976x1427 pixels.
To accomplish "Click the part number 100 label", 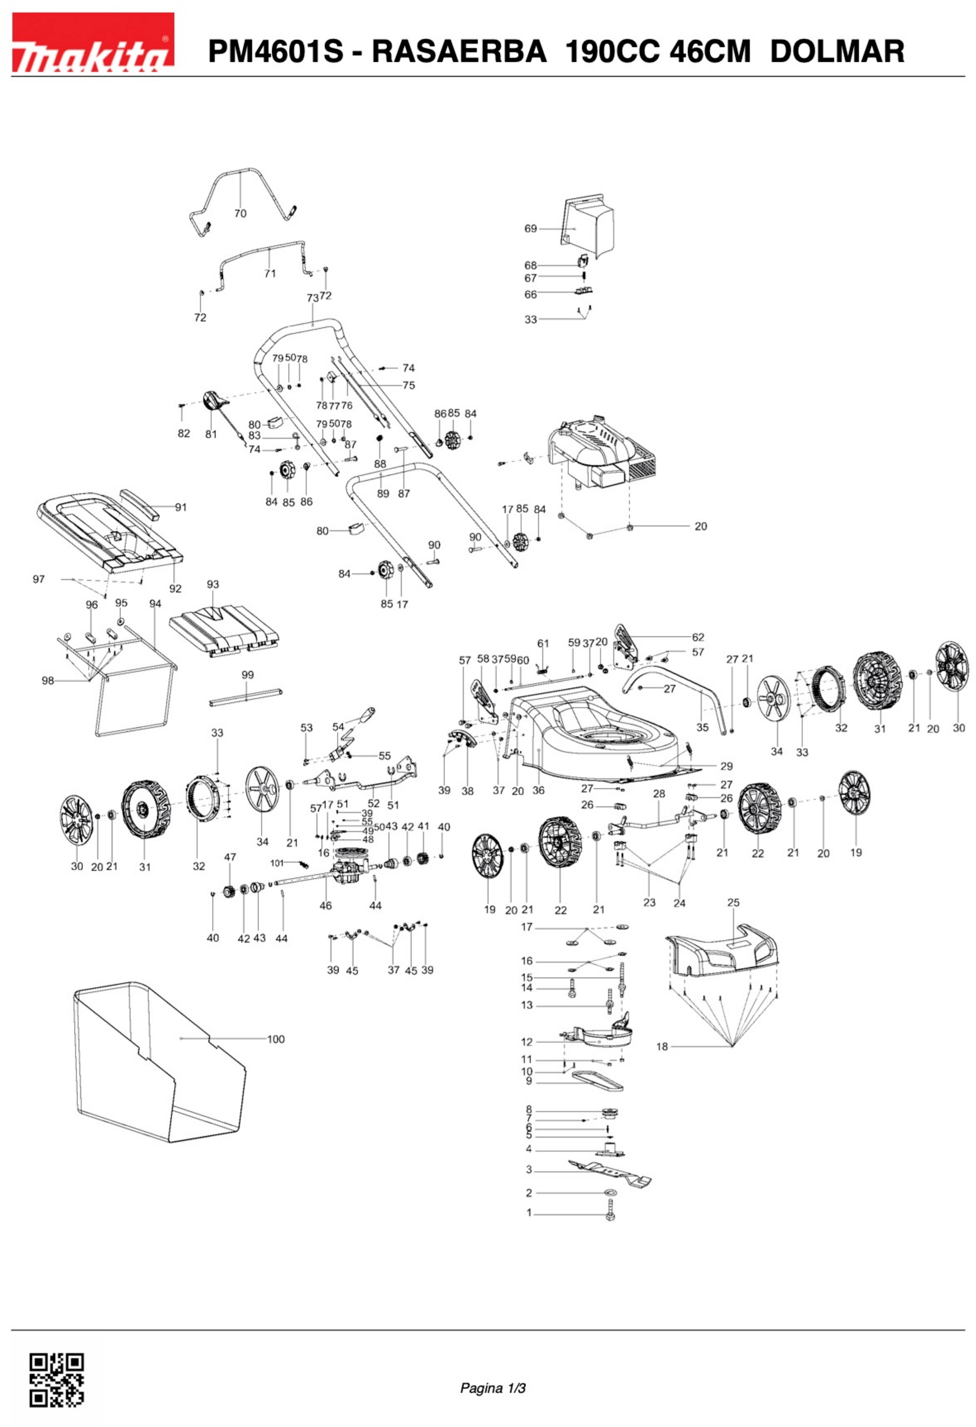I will (x=276, y=1039).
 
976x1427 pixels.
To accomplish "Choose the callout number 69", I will (x=530, y=229).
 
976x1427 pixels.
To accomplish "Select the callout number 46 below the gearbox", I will (x=326, y=905).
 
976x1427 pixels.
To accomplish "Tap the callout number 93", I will (x=212, y=584).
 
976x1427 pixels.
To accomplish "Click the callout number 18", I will (x=661, y=1046).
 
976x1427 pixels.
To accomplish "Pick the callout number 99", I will (x=248, y=674).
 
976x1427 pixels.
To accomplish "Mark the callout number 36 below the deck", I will (x=538, y=790).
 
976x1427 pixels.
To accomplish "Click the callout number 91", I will (x=181, y=507).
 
